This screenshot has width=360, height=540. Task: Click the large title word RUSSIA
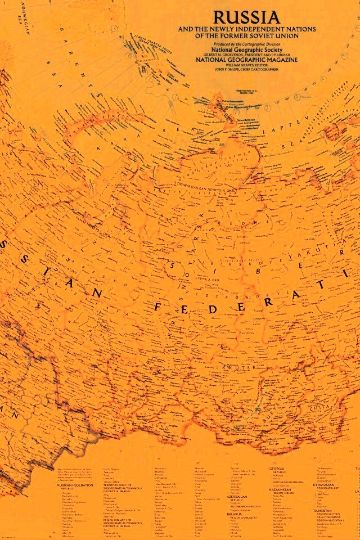click(x=238, y=17)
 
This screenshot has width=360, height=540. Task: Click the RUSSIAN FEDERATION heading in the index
click(x=75, y=484)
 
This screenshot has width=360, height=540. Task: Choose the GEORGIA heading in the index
click(x=277, y=469)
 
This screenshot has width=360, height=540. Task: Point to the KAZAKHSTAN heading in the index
click(x=280, y=489)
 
